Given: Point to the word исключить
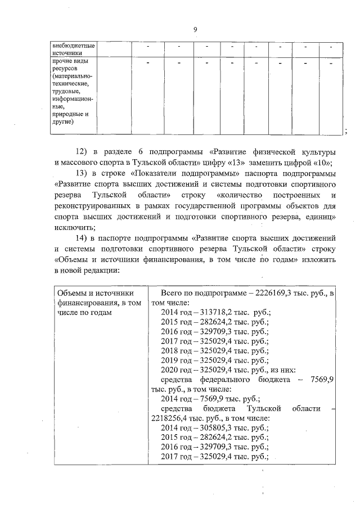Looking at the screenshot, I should [x=71, y=227].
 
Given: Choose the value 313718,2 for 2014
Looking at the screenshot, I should [x=212, y=312].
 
